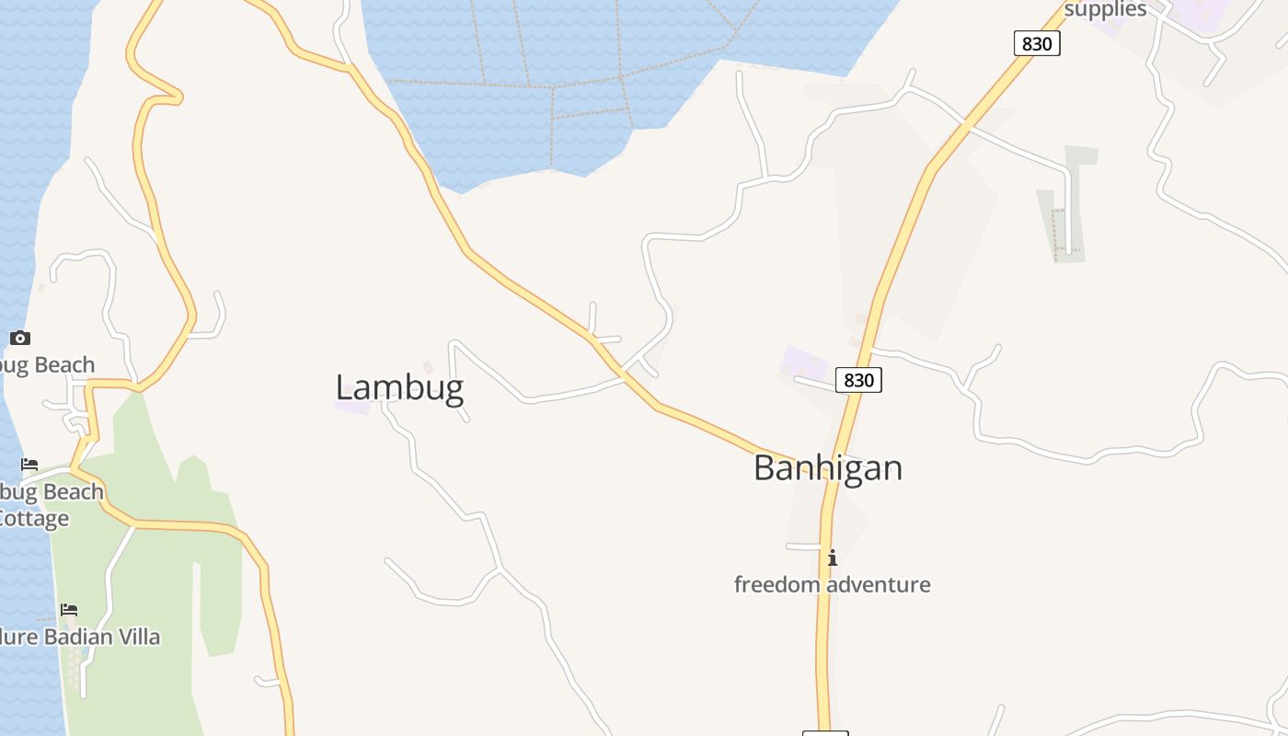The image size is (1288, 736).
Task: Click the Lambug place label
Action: (x=398, y=387)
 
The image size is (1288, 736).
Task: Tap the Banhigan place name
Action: (x=827, y=467)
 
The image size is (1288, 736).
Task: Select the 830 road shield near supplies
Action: (x=1037, y=43)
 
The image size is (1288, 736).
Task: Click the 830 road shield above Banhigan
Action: (x=858, y=380)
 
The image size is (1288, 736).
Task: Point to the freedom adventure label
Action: (x=832, y=584)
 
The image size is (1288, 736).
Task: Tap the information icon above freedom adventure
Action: (x=833, y=558)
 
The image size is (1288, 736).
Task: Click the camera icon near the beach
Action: (x=20, y=338)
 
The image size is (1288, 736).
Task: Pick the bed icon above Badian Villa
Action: (x=69, y=609)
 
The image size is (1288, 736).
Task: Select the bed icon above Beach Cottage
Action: (x=29, y=465)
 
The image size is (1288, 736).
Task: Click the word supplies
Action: (x=1105, y=9)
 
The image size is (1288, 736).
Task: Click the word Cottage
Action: (x=34, y=518)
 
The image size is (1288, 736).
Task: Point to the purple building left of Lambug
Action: (x=351, y=405)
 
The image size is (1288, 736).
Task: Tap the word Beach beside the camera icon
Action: (x=59, y=365)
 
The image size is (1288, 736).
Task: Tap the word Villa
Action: (x=134, y=637)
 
